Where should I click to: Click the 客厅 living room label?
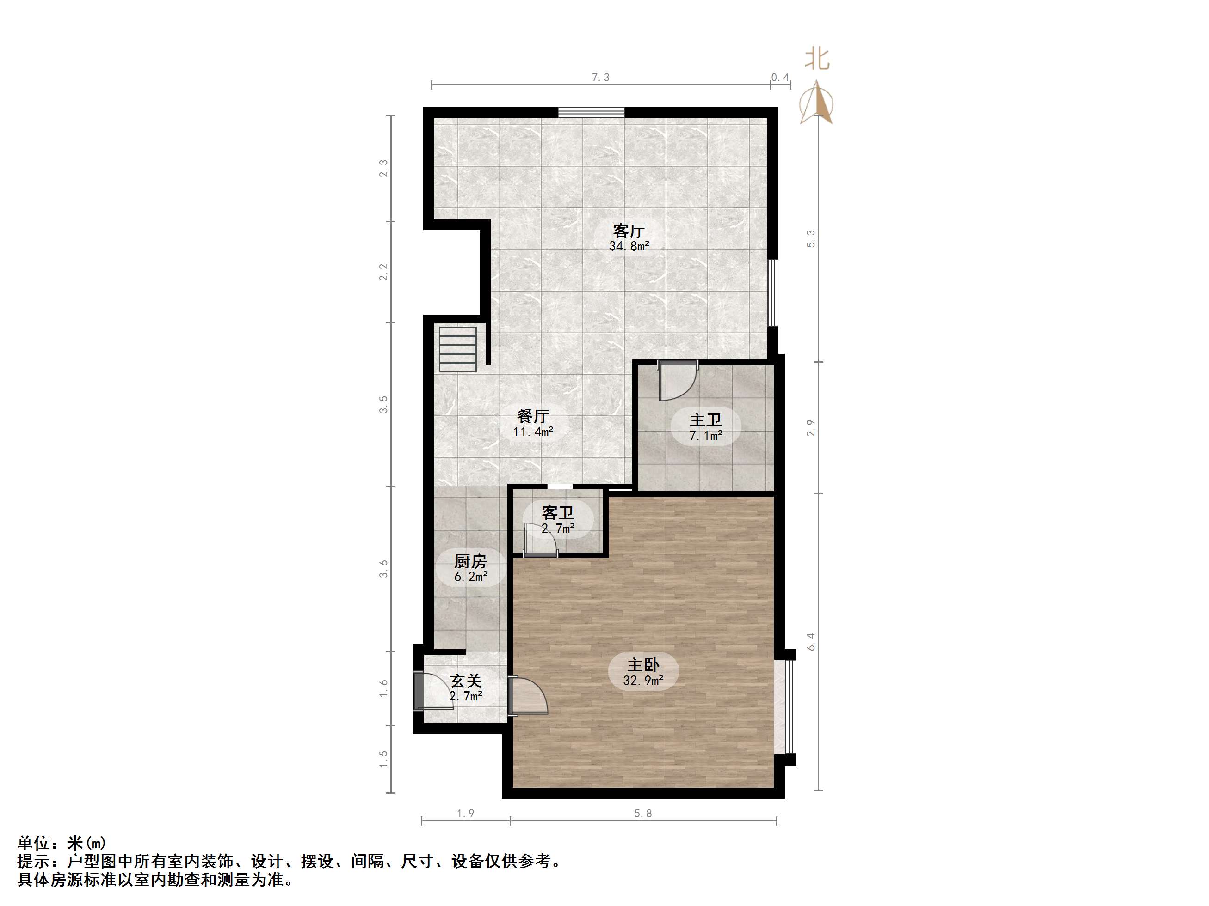pos(629,231)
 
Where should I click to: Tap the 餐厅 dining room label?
pos(533,416)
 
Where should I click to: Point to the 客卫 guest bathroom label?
pos(557,512)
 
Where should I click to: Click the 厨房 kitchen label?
pos(470,561)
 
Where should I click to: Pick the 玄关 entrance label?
pos(466,681)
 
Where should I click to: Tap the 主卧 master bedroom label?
pos(643,665)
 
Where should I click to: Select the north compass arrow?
pos(816,102)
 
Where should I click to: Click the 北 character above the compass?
pos(817,59)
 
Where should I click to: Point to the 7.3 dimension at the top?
pos(600,78)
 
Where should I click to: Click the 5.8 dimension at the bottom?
pos(643,813)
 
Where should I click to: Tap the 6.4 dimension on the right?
pos(811,642)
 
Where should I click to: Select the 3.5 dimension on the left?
pos(384,404)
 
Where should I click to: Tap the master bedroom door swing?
pos(528,696)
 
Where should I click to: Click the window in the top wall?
pos(591,112)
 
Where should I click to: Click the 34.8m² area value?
pos(629,246)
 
